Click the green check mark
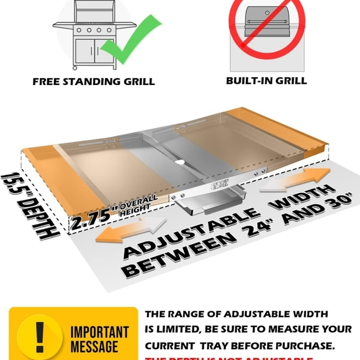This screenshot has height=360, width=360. coord(127,37)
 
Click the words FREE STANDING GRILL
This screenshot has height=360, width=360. coord(94,81)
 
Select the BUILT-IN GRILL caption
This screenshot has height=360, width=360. coord(266,81)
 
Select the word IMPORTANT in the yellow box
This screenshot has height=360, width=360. coord(100,333)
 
